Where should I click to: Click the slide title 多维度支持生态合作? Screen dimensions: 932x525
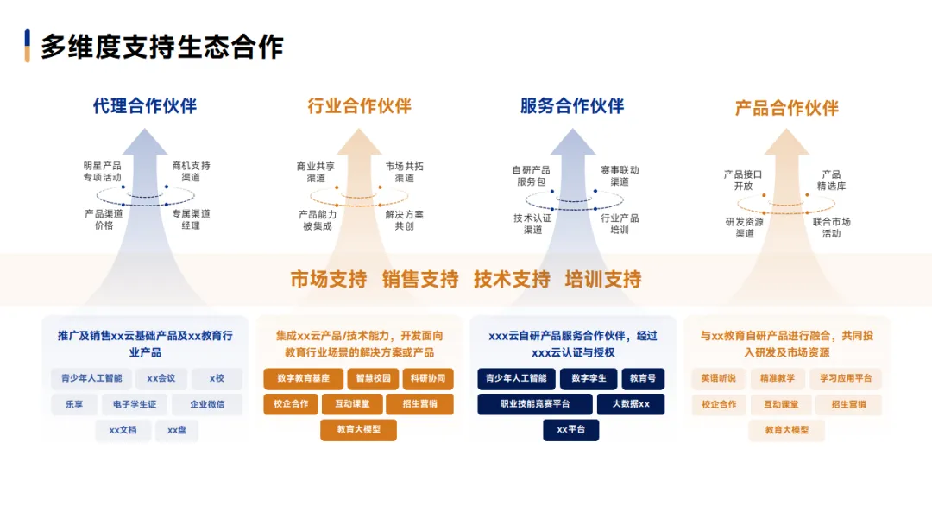tap(162, 47)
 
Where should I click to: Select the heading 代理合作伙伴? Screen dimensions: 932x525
tap(145, 106)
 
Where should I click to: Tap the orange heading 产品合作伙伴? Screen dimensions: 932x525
tap(787, 108)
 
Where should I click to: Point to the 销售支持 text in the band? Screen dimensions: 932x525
tap(420, 279)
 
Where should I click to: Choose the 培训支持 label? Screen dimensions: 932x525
tap(603, 279)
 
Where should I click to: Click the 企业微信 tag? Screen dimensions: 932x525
tap(206, 404)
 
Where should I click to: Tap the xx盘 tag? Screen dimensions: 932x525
tap(177, 430)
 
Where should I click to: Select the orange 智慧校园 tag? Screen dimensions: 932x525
tap(374, 378)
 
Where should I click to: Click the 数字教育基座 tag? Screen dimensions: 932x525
tap(303, 378)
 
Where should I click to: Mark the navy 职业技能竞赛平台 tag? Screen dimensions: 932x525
tap(535, 404)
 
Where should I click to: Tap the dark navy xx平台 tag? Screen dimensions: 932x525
tap(570, 430)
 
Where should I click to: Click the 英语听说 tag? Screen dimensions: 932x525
tap(718, 378)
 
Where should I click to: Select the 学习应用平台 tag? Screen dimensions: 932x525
tap(846, 378)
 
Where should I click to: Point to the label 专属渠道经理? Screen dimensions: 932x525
tap(191, 219)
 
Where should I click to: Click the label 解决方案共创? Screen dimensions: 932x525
tap(404, 220)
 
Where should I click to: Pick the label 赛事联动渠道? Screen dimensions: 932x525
tap(620, 176)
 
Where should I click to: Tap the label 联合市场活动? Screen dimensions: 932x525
tap(831, 227)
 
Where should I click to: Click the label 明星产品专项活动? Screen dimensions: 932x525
tap(102, 171)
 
